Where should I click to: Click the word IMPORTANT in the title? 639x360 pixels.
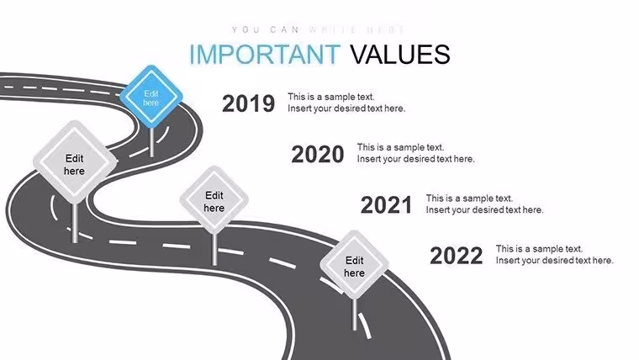tap(265, 54)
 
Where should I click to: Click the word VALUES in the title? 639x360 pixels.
tap(400, 54)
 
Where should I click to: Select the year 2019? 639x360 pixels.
tap(248, 103)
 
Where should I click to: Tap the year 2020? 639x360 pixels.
tap(318, 154)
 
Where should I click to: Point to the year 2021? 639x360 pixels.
tap(386, 204)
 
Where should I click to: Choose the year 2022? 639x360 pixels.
tap(456, 256)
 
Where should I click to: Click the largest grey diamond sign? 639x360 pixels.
tap(74, 161)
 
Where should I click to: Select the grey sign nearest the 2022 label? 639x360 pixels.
tap(354, 265)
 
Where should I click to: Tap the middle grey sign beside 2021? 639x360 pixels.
tap(214, 200)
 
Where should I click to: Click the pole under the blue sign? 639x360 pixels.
tap(151, 141)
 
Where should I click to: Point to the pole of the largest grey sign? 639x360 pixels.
tap(75, 222)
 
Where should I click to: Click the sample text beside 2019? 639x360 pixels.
tap(346, 103)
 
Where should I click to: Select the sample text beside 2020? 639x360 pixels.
tap(416, 153)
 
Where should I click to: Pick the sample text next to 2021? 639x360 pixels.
tap(484, 204)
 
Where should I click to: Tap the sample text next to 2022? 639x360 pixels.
tap(555, 254)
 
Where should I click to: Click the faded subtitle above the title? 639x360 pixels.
tap(318, 29)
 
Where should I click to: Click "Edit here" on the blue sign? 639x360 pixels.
tap(151, 98)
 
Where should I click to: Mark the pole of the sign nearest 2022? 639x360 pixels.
tap(355, 314)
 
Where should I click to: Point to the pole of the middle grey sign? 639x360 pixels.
tap(214, 250)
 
